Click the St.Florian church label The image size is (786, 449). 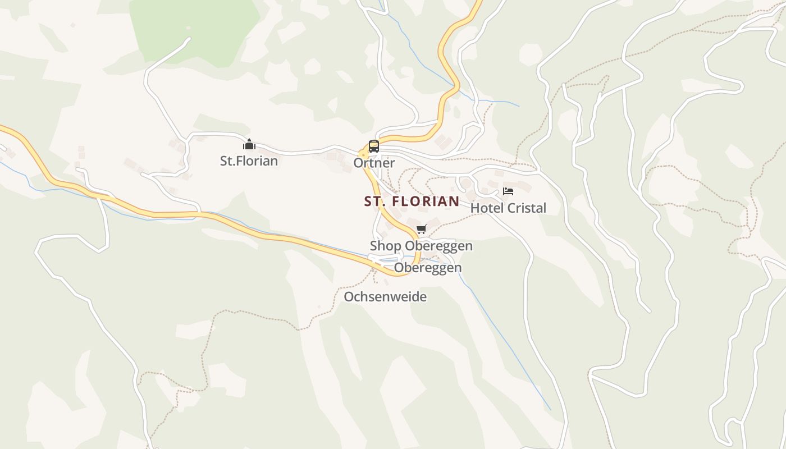point(249,161)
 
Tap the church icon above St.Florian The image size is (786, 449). point(249,145)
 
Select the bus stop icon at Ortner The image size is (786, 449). point(374,146)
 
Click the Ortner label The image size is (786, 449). point(374,163)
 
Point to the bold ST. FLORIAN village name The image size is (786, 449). point(412,201)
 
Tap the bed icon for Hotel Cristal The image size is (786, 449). point(508,191)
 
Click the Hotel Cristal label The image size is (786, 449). point(508,208)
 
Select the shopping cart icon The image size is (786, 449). point(422,229)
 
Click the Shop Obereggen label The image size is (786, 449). point(421,246)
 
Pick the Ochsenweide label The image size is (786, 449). point(385,296)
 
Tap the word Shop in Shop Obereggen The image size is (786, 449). point(385,246)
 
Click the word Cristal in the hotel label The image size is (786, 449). point(527,208)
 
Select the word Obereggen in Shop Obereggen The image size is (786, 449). point(438,246)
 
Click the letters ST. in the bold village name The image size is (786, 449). point(375,201)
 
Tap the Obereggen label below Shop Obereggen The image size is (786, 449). point(428,268)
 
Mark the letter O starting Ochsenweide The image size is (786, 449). point(349,296)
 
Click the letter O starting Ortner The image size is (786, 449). point(358,163)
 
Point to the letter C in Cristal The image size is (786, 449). point(511,208)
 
